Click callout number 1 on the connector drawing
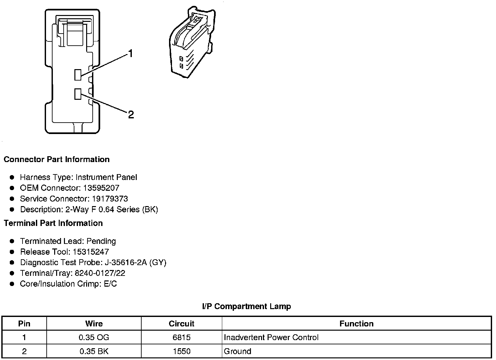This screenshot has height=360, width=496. [x=131, y=53]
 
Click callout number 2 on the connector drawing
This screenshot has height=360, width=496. [x=131, y=114]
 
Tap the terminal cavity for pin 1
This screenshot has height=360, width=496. [x=78, y=75]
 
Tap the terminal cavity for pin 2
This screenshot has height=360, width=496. [x=78, y=94]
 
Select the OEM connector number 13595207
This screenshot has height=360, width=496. [x=101, y=188]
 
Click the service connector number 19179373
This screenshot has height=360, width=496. [x=110, y=199]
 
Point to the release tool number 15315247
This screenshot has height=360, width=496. [x=91, y=252]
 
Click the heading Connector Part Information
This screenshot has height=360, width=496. [x=56, y=159]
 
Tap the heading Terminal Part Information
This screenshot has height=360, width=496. [x=53, y=223]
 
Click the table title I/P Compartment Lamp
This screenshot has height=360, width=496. [x=246, y=307]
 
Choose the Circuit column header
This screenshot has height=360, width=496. [x=181, y=324]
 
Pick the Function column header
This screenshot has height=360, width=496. [x=356, y=324]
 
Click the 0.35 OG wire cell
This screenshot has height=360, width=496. [x=94, y=337]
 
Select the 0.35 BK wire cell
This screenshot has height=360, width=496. [x=94, y=352]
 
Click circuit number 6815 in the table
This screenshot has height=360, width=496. [x=181, y=337]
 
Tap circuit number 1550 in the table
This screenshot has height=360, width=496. [x=181, y=352]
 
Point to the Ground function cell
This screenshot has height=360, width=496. [x=238, y=352]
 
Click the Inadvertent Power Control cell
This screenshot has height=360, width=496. [x=271, y=337]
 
